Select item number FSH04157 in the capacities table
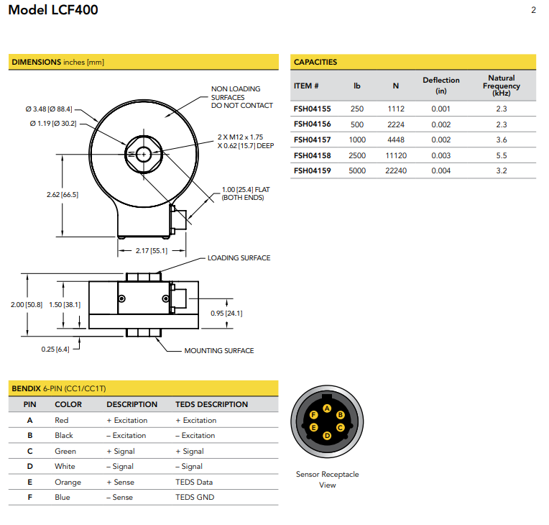tap(312, 140)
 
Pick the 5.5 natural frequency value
tap(501, 155)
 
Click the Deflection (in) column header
tap(440, 85)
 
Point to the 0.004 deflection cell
tap(440, 170)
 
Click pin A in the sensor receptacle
tap(327, 408)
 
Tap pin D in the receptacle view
tap(327, 436)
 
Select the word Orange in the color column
tap(68, 482)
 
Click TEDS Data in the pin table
tap(194, 482)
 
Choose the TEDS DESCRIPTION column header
tap(211, 404)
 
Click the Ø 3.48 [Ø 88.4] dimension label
tap(48, 109)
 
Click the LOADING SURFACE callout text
tap(239, 258)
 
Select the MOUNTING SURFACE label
tap(218, 351)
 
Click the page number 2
tap(533, 10)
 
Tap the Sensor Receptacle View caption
tap(327, 479)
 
